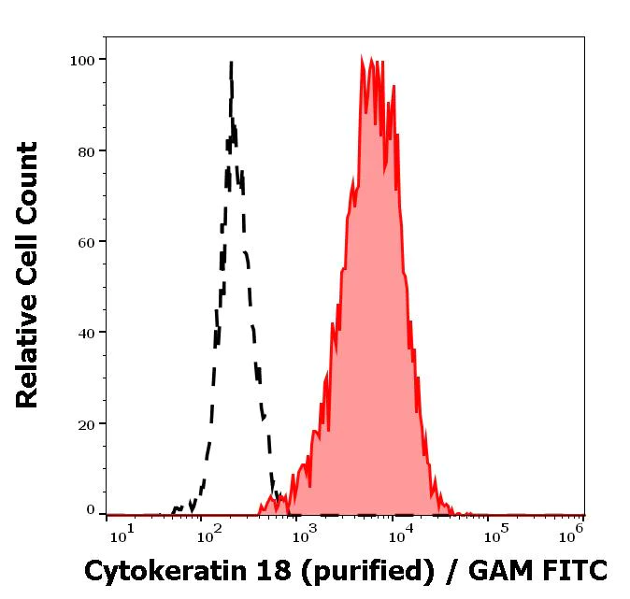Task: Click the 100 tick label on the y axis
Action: [x=82, y=61]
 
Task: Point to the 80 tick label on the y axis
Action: [x=86, y=151]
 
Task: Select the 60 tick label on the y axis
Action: [x=86, y=242]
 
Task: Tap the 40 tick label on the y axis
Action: [x=86, y=333]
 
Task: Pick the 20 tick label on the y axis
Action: [x=86, y=424]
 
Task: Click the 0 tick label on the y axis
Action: [x=91, y=510]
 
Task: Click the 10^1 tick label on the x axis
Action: [x=122, y=534]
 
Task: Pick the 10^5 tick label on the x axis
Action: [x=493, y=534]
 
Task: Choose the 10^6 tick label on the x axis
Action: [x=574, y=534]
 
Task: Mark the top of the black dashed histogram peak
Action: [x=231, y=63]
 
